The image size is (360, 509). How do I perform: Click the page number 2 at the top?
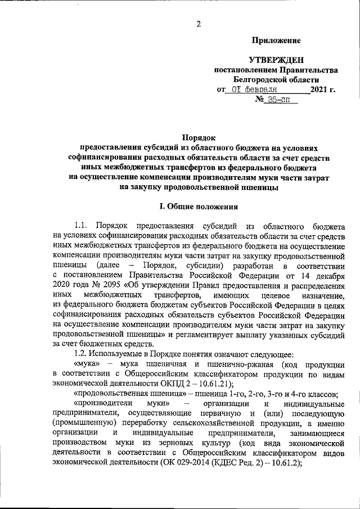(198, 23)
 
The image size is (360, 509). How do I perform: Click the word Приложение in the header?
(276, 40)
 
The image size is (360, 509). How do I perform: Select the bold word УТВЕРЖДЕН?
(276, 60)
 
